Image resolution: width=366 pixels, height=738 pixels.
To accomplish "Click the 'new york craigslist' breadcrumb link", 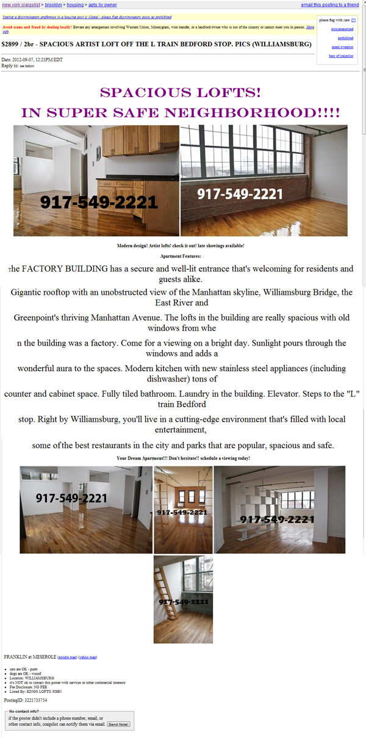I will [x=22, y=5].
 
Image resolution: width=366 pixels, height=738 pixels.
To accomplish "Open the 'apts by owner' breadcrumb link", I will [x=102, y=5].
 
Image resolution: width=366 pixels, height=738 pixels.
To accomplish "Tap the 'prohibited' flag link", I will [x=345, y=38].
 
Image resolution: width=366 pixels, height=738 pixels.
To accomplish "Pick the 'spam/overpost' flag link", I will [x=342, y=47].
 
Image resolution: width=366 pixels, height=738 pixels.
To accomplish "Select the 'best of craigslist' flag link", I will [x=341, y=56].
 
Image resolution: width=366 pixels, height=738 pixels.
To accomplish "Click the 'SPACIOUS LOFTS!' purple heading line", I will [x=181, y=93].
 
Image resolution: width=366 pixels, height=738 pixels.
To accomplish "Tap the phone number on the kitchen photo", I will [x=99, y=202].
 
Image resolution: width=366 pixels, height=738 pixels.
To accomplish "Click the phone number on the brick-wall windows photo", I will [x=240, y=194].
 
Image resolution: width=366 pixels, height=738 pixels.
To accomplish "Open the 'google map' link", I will [x=67, y=657].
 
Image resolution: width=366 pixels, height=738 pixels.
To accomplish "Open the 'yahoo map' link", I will [x=88, y=657].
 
